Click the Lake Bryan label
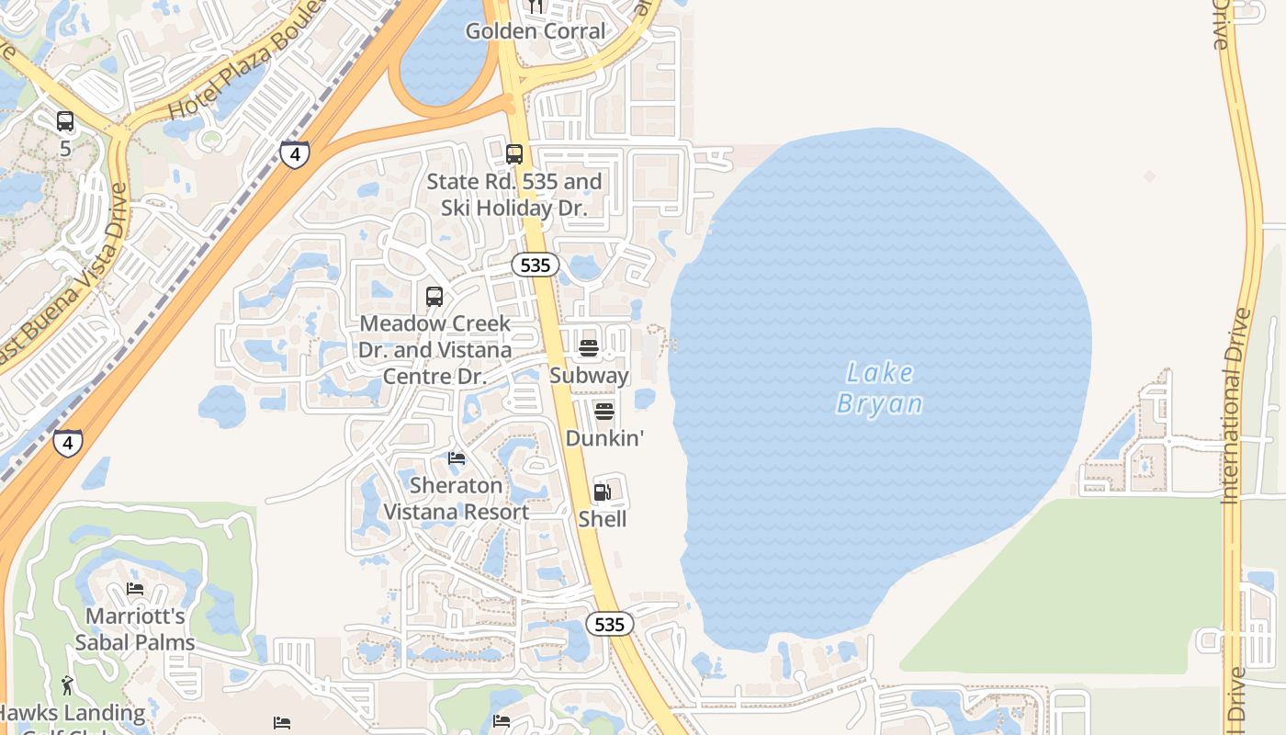pos(879,389)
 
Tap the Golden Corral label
pos(536,31)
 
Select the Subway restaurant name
pos(589,376)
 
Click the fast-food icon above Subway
pos(589,348)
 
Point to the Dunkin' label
pos(604,438)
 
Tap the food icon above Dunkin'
pos(604,411)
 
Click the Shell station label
pos(603,519)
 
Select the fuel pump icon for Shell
pos(603,492)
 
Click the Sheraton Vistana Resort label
pos(456,499)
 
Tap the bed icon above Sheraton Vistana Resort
pos(457,458)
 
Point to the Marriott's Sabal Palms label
pos(136,629)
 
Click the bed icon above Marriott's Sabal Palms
pos(135,589)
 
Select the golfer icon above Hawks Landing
pos(67,684)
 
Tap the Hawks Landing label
pos(72,713)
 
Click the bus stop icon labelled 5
pos(64,121)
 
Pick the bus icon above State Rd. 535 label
pos(514,154)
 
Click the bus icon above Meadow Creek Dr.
pos(434,297)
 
